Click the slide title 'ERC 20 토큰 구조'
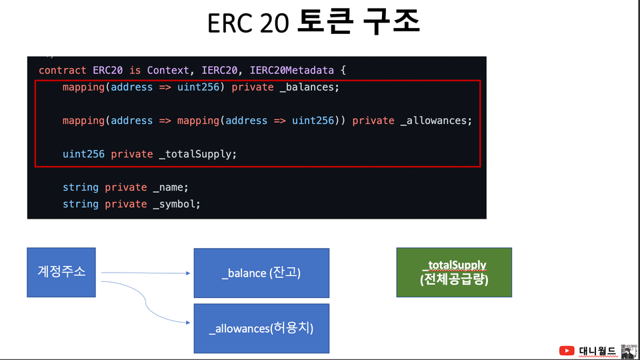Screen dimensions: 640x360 tap(313, 22)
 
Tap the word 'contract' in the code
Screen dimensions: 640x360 tap(63, 70)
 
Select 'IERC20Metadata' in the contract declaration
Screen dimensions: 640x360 tap(292, 70)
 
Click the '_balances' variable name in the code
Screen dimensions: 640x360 tap(309, 87)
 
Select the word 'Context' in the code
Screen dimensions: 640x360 tap(168, 70)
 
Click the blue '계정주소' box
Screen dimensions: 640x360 tap(61, 272)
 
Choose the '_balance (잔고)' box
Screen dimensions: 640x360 tap(261, 273)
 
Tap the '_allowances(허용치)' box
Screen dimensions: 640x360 tap(261, 328)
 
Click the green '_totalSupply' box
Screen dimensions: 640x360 tap(454, 272)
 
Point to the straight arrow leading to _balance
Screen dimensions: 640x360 tap(146, 273)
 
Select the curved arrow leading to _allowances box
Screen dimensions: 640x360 tap(146, 301)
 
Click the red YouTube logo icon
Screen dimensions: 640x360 tap(567, 351)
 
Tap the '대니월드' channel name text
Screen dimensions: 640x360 tap(597, 351)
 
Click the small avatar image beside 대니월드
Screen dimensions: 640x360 tap(629, 351)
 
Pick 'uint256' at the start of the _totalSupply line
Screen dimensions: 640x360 tap(83, 154)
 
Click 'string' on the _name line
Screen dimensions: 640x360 tap(81, 187)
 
